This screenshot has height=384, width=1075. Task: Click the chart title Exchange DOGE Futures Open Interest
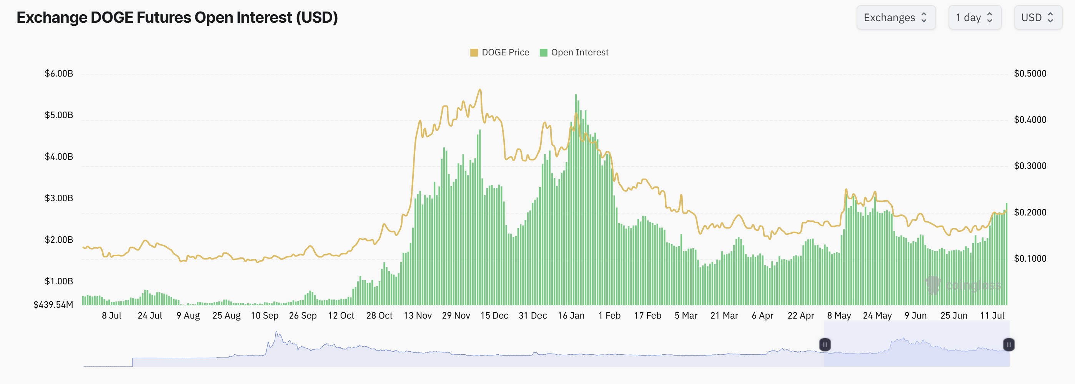(177, 18)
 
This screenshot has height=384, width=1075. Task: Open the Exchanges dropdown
(895, 18)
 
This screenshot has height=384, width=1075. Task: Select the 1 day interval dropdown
(974, 18)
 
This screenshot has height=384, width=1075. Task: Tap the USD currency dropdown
(1037, 18)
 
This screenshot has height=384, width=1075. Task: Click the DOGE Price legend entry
(499, 52)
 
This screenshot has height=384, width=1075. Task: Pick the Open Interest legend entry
(574, 52)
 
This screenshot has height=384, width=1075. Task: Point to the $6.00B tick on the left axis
(59, 73)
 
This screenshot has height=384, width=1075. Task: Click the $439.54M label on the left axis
(53, 305)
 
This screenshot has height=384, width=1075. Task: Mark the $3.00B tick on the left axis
(59, 198)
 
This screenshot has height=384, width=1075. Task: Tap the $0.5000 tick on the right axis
(1030, 73)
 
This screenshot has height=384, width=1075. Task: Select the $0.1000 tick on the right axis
(1030, 259)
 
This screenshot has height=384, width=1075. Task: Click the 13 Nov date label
(417, 316)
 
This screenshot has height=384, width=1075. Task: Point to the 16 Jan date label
(571, 316)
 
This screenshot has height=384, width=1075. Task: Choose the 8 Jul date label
(111, 316)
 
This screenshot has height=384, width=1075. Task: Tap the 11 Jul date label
(992, 316)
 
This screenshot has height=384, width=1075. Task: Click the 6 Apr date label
(762, 316)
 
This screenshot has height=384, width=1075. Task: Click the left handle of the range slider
(825, 345)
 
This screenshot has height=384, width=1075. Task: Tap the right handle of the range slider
(1008, 345)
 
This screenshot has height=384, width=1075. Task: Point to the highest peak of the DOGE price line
(480, 89)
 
